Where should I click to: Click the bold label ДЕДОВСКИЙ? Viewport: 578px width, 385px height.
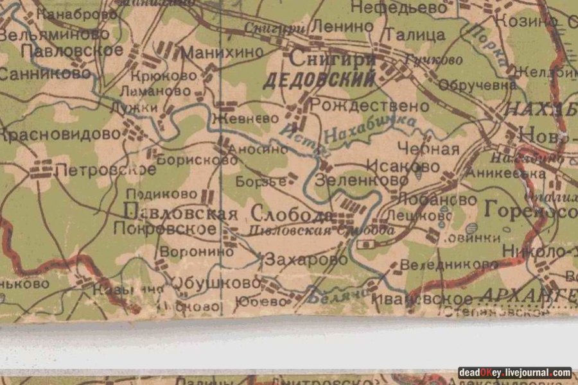tap(319, 81)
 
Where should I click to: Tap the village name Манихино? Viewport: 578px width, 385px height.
tap(222, 53)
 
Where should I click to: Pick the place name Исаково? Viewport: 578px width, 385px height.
tap(403, 166)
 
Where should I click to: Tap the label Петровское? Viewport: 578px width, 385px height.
tap(105, 170)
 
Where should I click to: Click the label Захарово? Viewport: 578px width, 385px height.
tap(306, 260)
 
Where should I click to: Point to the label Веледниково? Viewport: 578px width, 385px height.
tap(441, 264)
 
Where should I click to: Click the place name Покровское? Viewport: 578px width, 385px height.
tap(164, 228)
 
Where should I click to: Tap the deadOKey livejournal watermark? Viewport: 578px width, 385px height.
tap(514, 372)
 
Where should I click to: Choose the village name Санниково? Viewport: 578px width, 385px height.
tap(45, 74)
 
